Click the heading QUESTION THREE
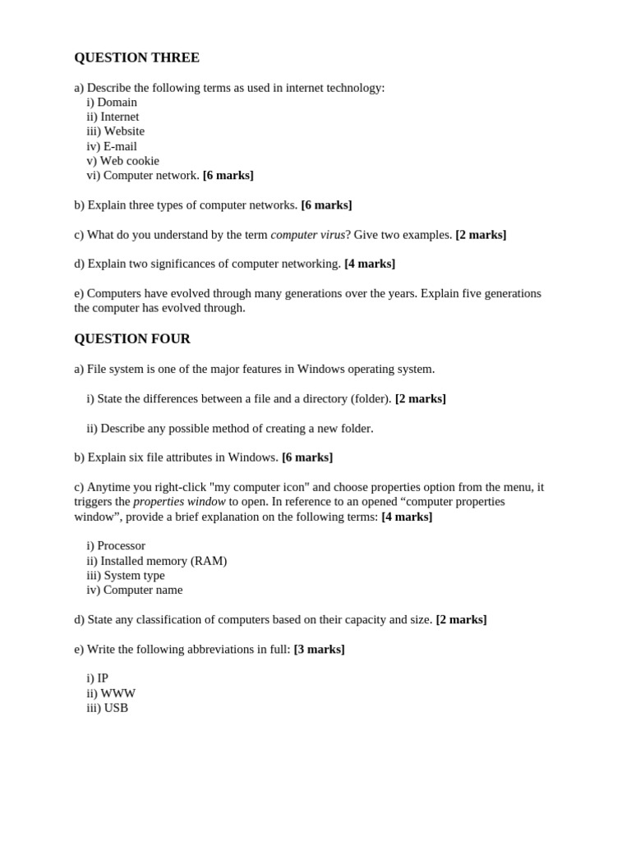coord(136,57)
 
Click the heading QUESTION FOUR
coord(132,338)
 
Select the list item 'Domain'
coord(117,102)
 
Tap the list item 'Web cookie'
coord(129,161)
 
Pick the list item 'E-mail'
coord(120,146)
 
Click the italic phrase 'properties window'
coord(179,501)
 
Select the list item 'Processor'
coord(121,545)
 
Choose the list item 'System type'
coord(134,575)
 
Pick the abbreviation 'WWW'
coord(117,693)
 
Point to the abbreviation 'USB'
coord(116,708)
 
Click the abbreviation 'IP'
coord(103,678)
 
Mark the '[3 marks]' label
coord(319,649)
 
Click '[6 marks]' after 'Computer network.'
coord(228,175)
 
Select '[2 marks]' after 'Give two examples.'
coord(481,235)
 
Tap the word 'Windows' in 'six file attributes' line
coord(252,457)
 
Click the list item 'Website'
coord(123,131)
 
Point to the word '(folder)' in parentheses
coord(371,398)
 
